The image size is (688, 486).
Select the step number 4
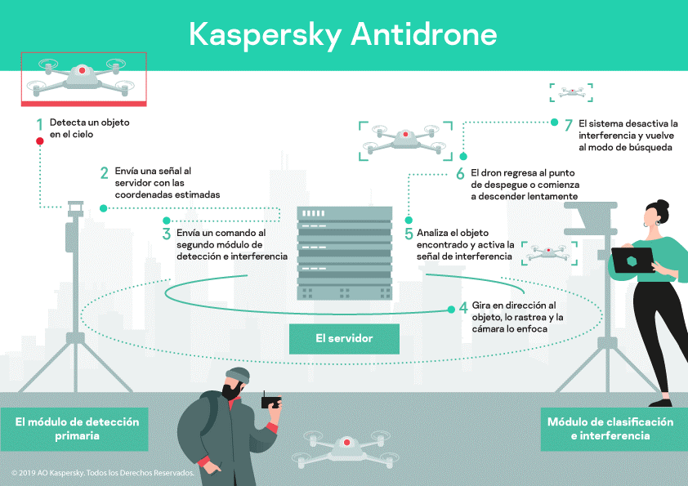click(463, 309)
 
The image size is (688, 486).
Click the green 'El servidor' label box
click(344, 338)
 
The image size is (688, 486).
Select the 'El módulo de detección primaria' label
click(77, 429)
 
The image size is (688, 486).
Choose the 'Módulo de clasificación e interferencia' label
click(610, 429)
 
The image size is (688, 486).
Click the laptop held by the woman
click(632, 261)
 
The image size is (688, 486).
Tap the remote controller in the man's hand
click(272, 402)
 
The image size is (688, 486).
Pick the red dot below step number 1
click(39, 141)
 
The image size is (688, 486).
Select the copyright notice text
click(103, 473)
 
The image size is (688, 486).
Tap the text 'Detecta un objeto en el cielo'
click(89, 128)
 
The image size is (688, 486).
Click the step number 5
click(409, 234)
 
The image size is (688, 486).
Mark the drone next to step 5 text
click(549, 253)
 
